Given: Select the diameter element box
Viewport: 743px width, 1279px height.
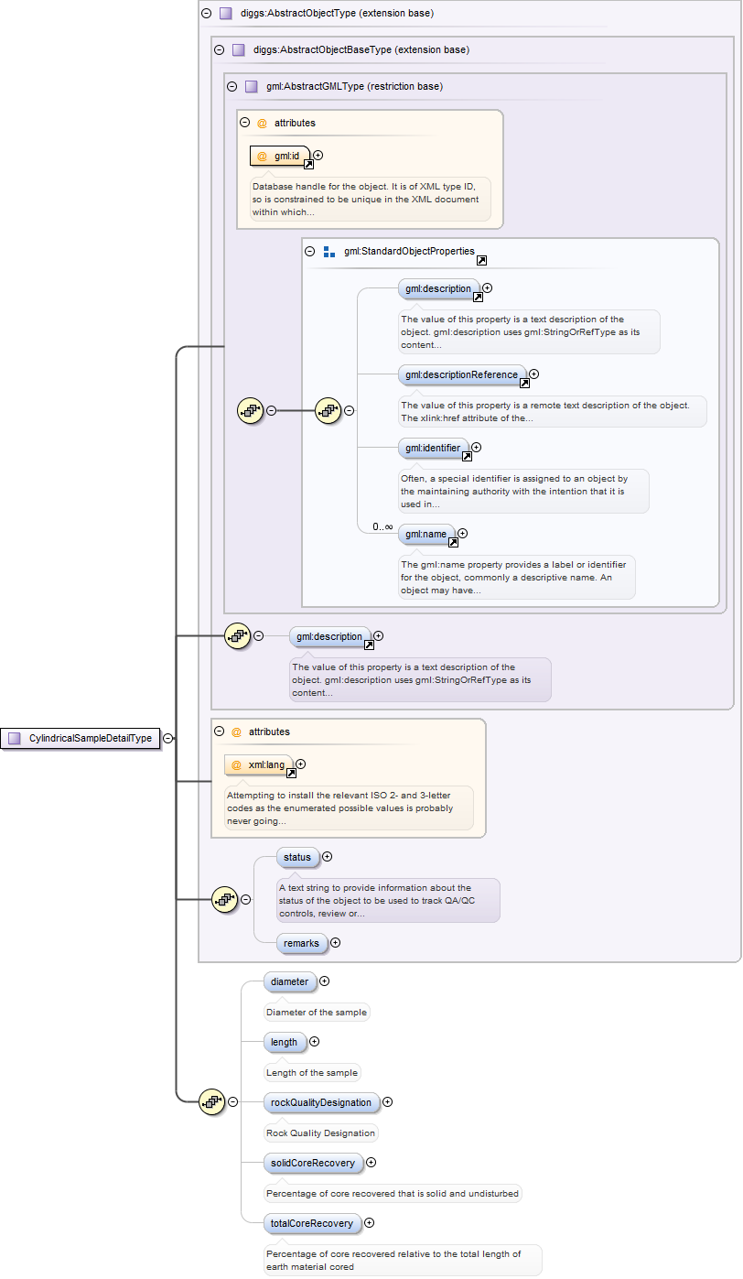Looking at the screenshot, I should coord(290,981).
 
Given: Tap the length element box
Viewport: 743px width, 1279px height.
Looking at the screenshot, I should coord(285,1042).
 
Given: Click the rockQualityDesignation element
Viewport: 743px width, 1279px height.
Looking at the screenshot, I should coord(321,1102).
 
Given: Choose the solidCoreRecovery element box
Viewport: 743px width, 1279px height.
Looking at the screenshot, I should coord(312,1163).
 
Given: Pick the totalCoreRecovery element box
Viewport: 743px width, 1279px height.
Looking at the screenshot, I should coord(311,1223).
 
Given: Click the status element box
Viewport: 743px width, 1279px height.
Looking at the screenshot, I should coord(297,858).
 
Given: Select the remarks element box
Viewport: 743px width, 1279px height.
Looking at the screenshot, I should coord(302,942).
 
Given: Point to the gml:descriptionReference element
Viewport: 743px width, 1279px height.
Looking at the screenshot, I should coord(462,374).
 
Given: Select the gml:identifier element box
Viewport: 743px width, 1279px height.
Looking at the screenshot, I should coord(434,449).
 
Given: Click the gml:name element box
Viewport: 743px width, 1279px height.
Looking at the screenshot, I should coord(426,534).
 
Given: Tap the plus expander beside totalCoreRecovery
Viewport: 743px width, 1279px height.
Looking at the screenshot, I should coord(370,1222).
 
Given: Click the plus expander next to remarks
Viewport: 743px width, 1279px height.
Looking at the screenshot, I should coord(335,942).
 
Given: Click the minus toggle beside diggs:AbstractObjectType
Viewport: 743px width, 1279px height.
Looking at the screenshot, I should coord(206,14).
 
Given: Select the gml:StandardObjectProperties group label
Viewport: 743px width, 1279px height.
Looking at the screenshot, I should coord(409,251).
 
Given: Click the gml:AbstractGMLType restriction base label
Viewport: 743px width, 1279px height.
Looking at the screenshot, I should coord(354,86).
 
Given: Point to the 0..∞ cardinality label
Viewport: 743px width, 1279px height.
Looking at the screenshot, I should coord(382,526).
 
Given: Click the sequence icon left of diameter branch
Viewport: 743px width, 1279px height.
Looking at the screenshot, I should coord(211,1102).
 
